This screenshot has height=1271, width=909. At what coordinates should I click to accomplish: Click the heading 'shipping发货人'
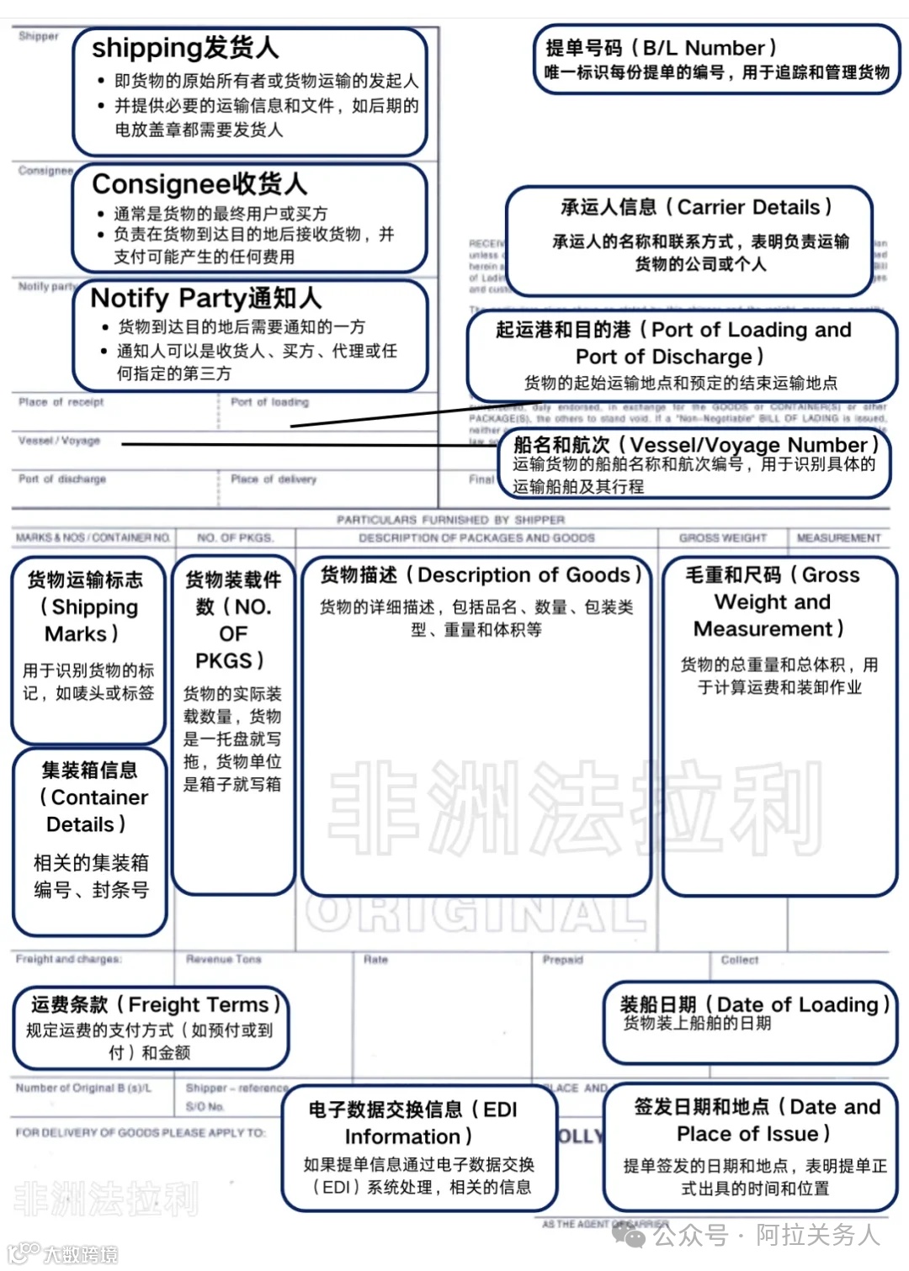(185, 48)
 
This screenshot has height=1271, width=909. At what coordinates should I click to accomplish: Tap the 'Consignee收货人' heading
(199, 183)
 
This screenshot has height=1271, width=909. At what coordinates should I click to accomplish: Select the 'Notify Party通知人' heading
(206, 298)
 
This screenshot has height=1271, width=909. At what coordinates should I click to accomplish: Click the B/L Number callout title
(661, 48)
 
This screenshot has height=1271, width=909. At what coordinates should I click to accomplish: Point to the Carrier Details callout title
(696, 207)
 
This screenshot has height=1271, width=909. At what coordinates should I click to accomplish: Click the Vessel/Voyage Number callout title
(696, 445)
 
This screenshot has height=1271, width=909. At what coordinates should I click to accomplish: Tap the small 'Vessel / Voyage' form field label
(59, 441)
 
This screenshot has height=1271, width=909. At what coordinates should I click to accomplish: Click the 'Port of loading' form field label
(269, 402)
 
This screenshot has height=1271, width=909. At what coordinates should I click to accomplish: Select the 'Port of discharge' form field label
(62, 479)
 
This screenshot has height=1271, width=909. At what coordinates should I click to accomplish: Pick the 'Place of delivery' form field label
(274, 479)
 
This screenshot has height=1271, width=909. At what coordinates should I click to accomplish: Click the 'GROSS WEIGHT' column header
(723, 538)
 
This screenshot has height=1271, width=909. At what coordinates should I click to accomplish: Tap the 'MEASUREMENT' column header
(838, 538)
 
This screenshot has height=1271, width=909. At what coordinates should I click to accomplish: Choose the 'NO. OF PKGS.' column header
(235, 538)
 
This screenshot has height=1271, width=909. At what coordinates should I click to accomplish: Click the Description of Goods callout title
(481, 575)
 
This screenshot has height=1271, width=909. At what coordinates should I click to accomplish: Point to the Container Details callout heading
(90, 797)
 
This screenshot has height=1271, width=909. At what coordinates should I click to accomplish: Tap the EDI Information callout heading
(412, 1123)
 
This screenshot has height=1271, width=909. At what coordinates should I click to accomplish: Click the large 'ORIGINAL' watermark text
(476, 914)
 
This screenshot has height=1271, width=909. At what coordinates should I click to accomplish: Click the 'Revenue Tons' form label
(224, 959)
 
